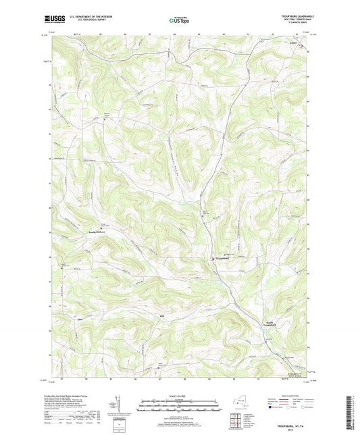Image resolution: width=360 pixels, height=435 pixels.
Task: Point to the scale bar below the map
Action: pos(179,407)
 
